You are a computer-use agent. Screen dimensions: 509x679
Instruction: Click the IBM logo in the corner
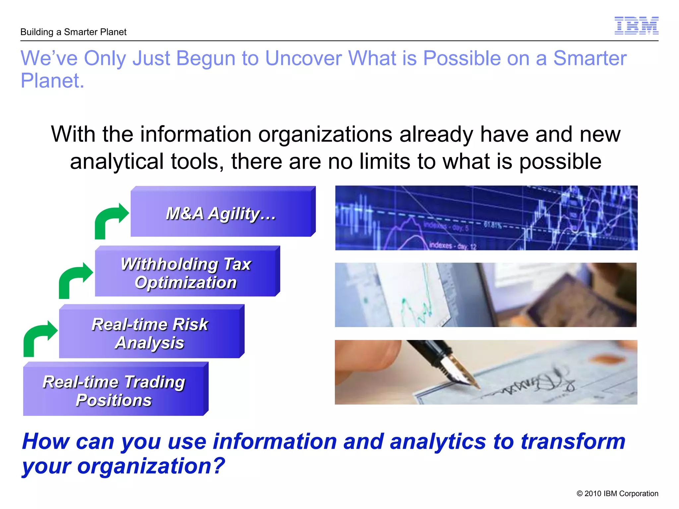(x=636, y=26)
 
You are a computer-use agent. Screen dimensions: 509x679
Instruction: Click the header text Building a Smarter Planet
(x=73, y=32)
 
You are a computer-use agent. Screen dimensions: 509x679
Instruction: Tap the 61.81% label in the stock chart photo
(x=493, y=225)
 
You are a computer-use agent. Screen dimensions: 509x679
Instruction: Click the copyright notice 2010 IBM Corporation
(x=617, y=493)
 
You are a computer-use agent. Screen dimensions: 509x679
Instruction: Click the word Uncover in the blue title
(x=303, y=58)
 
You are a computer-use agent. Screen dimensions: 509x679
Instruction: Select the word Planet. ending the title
(x=52, y=81)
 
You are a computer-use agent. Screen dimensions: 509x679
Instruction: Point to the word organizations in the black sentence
(x=325, y=134)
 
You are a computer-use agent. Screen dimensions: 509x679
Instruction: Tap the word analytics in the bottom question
(x=438, y=441)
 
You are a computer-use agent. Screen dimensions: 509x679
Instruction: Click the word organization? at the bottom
(x=151, y=466)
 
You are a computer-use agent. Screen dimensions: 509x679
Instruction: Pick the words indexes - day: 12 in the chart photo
(x=453, y=246)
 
